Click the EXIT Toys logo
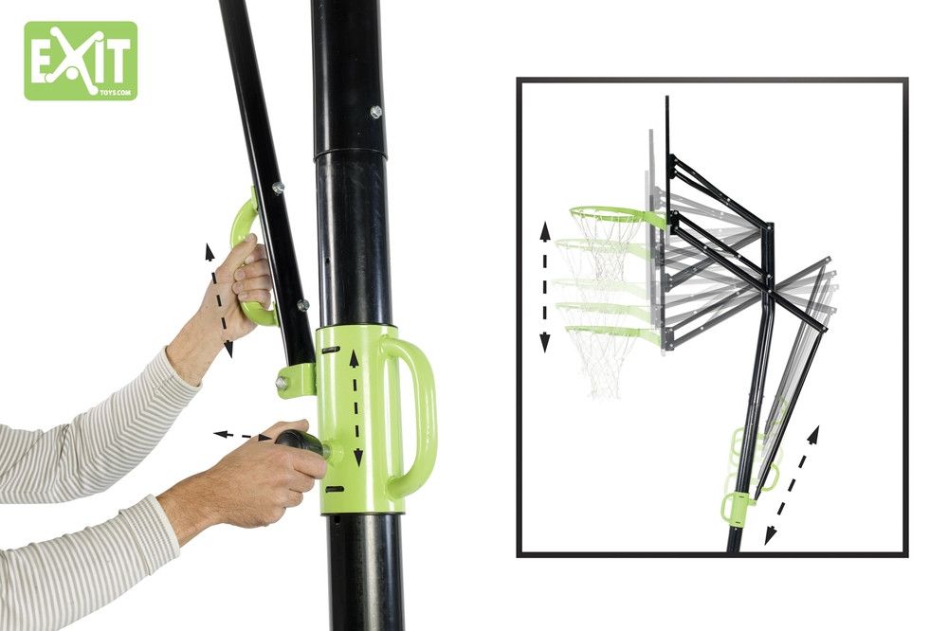point(81,61)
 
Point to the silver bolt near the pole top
point(376,111)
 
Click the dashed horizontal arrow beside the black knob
point(243,435)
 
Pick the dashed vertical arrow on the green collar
point(356,408)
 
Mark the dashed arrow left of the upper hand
point(218,299)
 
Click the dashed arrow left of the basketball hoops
point(545,287)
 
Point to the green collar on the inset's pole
point(738,504)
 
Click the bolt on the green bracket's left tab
point(282,383)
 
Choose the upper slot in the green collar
point(331,350)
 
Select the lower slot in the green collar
point(335,489)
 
